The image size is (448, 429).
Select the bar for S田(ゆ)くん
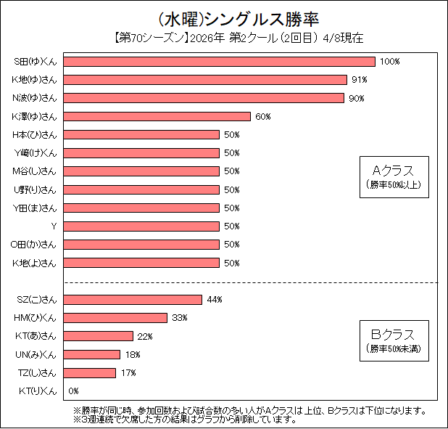coord(220,62)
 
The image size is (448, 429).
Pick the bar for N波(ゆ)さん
coord(204,98)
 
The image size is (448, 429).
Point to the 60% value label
coord(262,116)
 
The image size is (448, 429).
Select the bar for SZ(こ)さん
coord(133,300)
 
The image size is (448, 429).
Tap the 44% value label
coord(214,300)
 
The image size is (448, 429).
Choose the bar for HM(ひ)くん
coord(116,318)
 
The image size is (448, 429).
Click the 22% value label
coord(145,336)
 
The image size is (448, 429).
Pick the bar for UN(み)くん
coord(92,354)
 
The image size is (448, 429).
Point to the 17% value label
coord(128,373)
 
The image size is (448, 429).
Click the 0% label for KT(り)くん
coord(73,391)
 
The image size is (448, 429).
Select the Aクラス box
coord(394,176)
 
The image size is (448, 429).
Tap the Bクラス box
coord(394,340)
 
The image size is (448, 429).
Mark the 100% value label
coord(390,62)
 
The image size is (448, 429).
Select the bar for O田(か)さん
coord(141,245)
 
